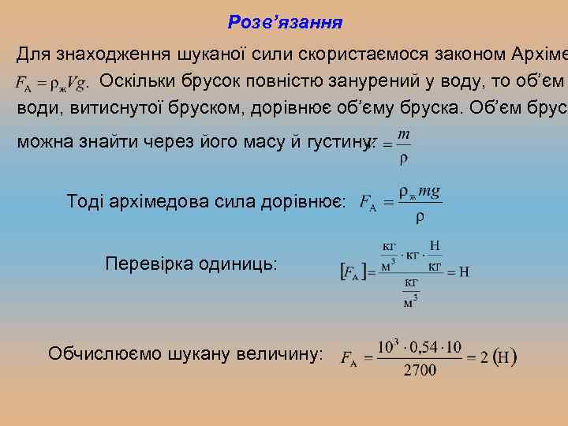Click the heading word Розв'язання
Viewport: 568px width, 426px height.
coord(285,22)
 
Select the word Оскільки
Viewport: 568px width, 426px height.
coord(140,81)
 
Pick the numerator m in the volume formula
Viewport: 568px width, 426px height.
coord(403,136)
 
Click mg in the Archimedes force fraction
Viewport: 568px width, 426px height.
coord(429,192)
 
